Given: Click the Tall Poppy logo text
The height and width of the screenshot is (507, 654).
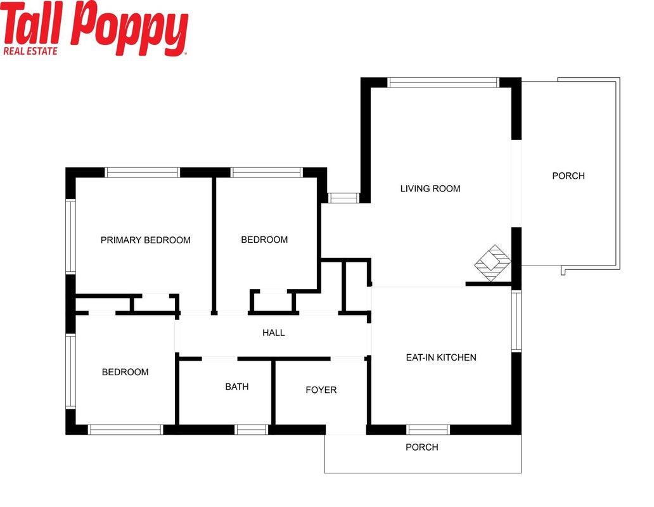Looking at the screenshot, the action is [95, 25].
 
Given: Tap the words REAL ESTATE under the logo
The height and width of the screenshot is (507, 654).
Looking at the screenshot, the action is [30, 51].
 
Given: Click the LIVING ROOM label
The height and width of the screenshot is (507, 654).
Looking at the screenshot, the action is [430, 188].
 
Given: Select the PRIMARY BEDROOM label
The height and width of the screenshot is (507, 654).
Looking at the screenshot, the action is [146, 240].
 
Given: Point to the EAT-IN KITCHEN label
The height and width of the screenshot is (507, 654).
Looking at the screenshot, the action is [441, 357].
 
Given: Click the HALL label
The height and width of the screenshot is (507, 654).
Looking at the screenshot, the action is [274, 333].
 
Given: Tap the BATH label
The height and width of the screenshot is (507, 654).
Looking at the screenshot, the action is [237, 387].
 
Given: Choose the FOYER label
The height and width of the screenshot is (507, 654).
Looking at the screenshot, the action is [321, 390].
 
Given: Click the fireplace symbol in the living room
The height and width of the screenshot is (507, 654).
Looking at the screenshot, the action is [492, 263].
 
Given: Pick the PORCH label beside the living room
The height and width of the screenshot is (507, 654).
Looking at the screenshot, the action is [568, 176].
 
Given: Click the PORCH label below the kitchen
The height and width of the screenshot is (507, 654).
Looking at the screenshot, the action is [422, 447].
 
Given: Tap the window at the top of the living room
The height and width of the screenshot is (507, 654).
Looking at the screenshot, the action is [443, 82].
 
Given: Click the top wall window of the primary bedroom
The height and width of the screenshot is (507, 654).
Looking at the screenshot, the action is [142, 172].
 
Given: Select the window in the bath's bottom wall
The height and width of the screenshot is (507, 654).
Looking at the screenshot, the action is [251, 430].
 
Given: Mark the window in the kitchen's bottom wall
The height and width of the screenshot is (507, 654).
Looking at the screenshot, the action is [428, 430].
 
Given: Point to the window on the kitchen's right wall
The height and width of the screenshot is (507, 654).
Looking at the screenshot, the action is [516, 321].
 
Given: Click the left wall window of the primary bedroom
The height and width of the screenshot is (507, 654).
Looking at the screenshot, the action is [70, 237].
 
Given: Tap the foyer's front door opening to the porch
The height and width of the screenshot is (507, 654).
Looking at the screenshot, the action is [346, 430].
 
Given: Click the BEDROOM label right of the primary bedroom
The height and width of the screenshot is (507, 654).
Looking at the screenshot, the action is [264, 240].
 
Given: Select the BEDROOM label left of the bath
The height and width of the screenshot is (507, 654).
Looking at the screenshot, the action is [125, 372].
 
